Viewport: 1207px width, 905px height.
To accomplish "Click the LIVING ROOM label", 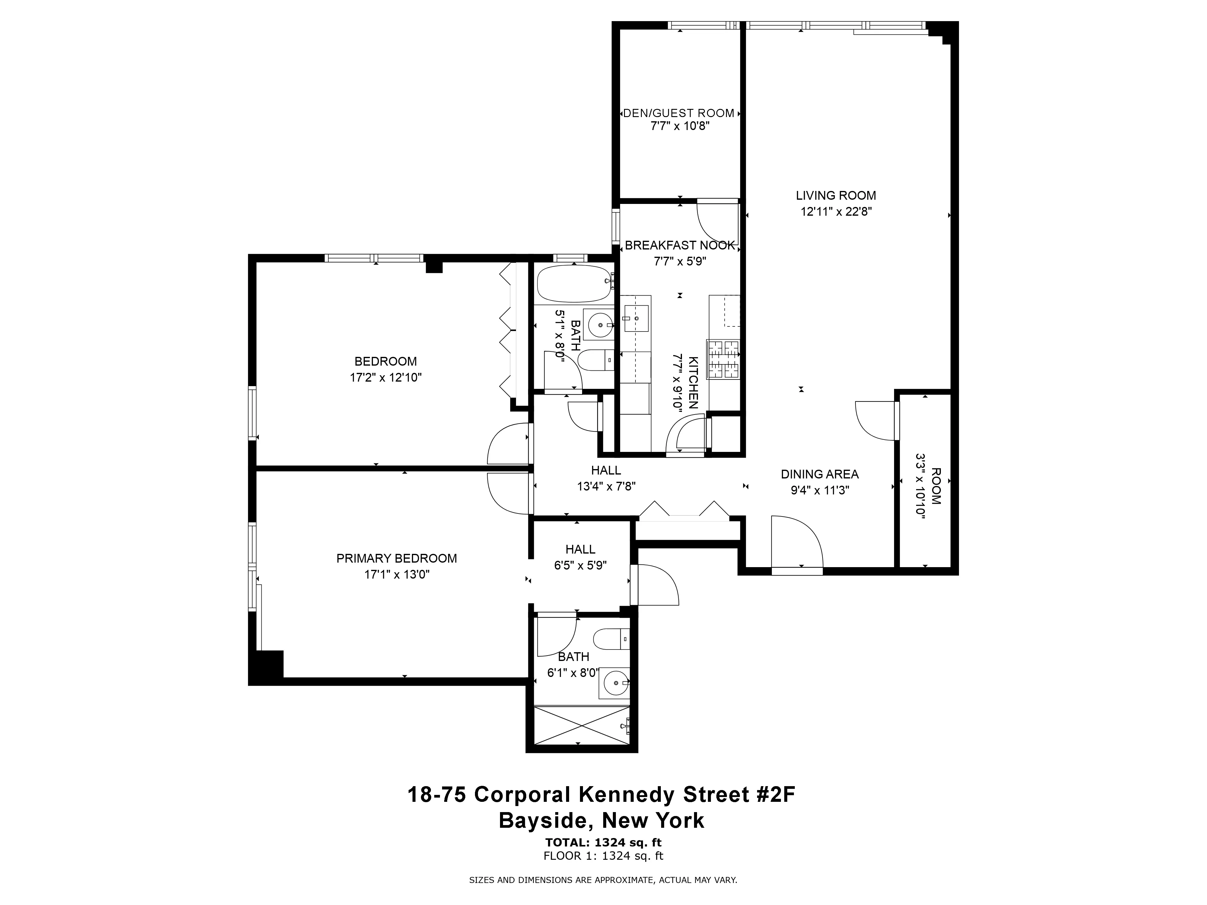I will pyautogui.click(x=836, y=195).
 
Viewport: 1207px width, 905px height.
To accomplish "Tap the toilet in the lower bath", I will pyautogui.click(x=610, y=638).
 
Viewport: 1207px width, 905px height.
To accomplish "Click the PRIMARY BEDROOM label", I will pyautogui.click(x=396, y=558).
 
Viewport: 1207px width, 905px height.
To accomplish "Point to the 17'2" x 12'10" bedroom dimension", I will pyautogui.click(x=385, y=377).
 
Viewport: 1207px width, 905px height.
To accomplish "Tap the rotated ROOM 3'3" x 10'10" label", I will pyautogui.click(x=928, y=485).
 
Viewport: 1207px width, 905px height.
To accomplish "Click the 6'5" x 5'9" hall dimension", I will pyautogui.click(x=580, y=566).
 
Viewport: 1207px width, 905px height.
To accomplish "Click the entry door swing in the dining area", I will pyautogui.click(x=797, y=543).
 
